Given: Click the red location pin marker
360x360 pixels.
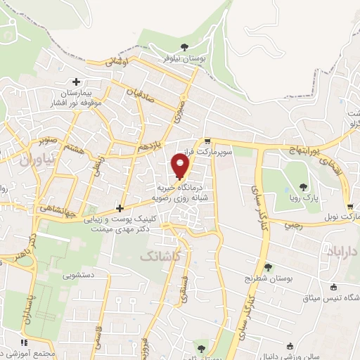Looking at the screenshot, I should [x=180, y=167].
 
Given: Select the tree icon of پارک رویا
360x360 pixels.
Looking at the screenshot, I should [x=303, y=186].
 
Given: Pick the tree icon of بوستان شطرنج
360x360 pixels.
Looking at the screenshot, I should [x=268, y=266].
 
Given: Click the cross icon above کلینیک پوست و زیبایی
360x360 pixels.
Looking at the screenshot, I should [x=120, y=208].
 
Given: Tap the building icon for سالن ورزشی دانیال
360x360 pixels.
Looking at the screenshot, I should [x=290, y=346].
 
